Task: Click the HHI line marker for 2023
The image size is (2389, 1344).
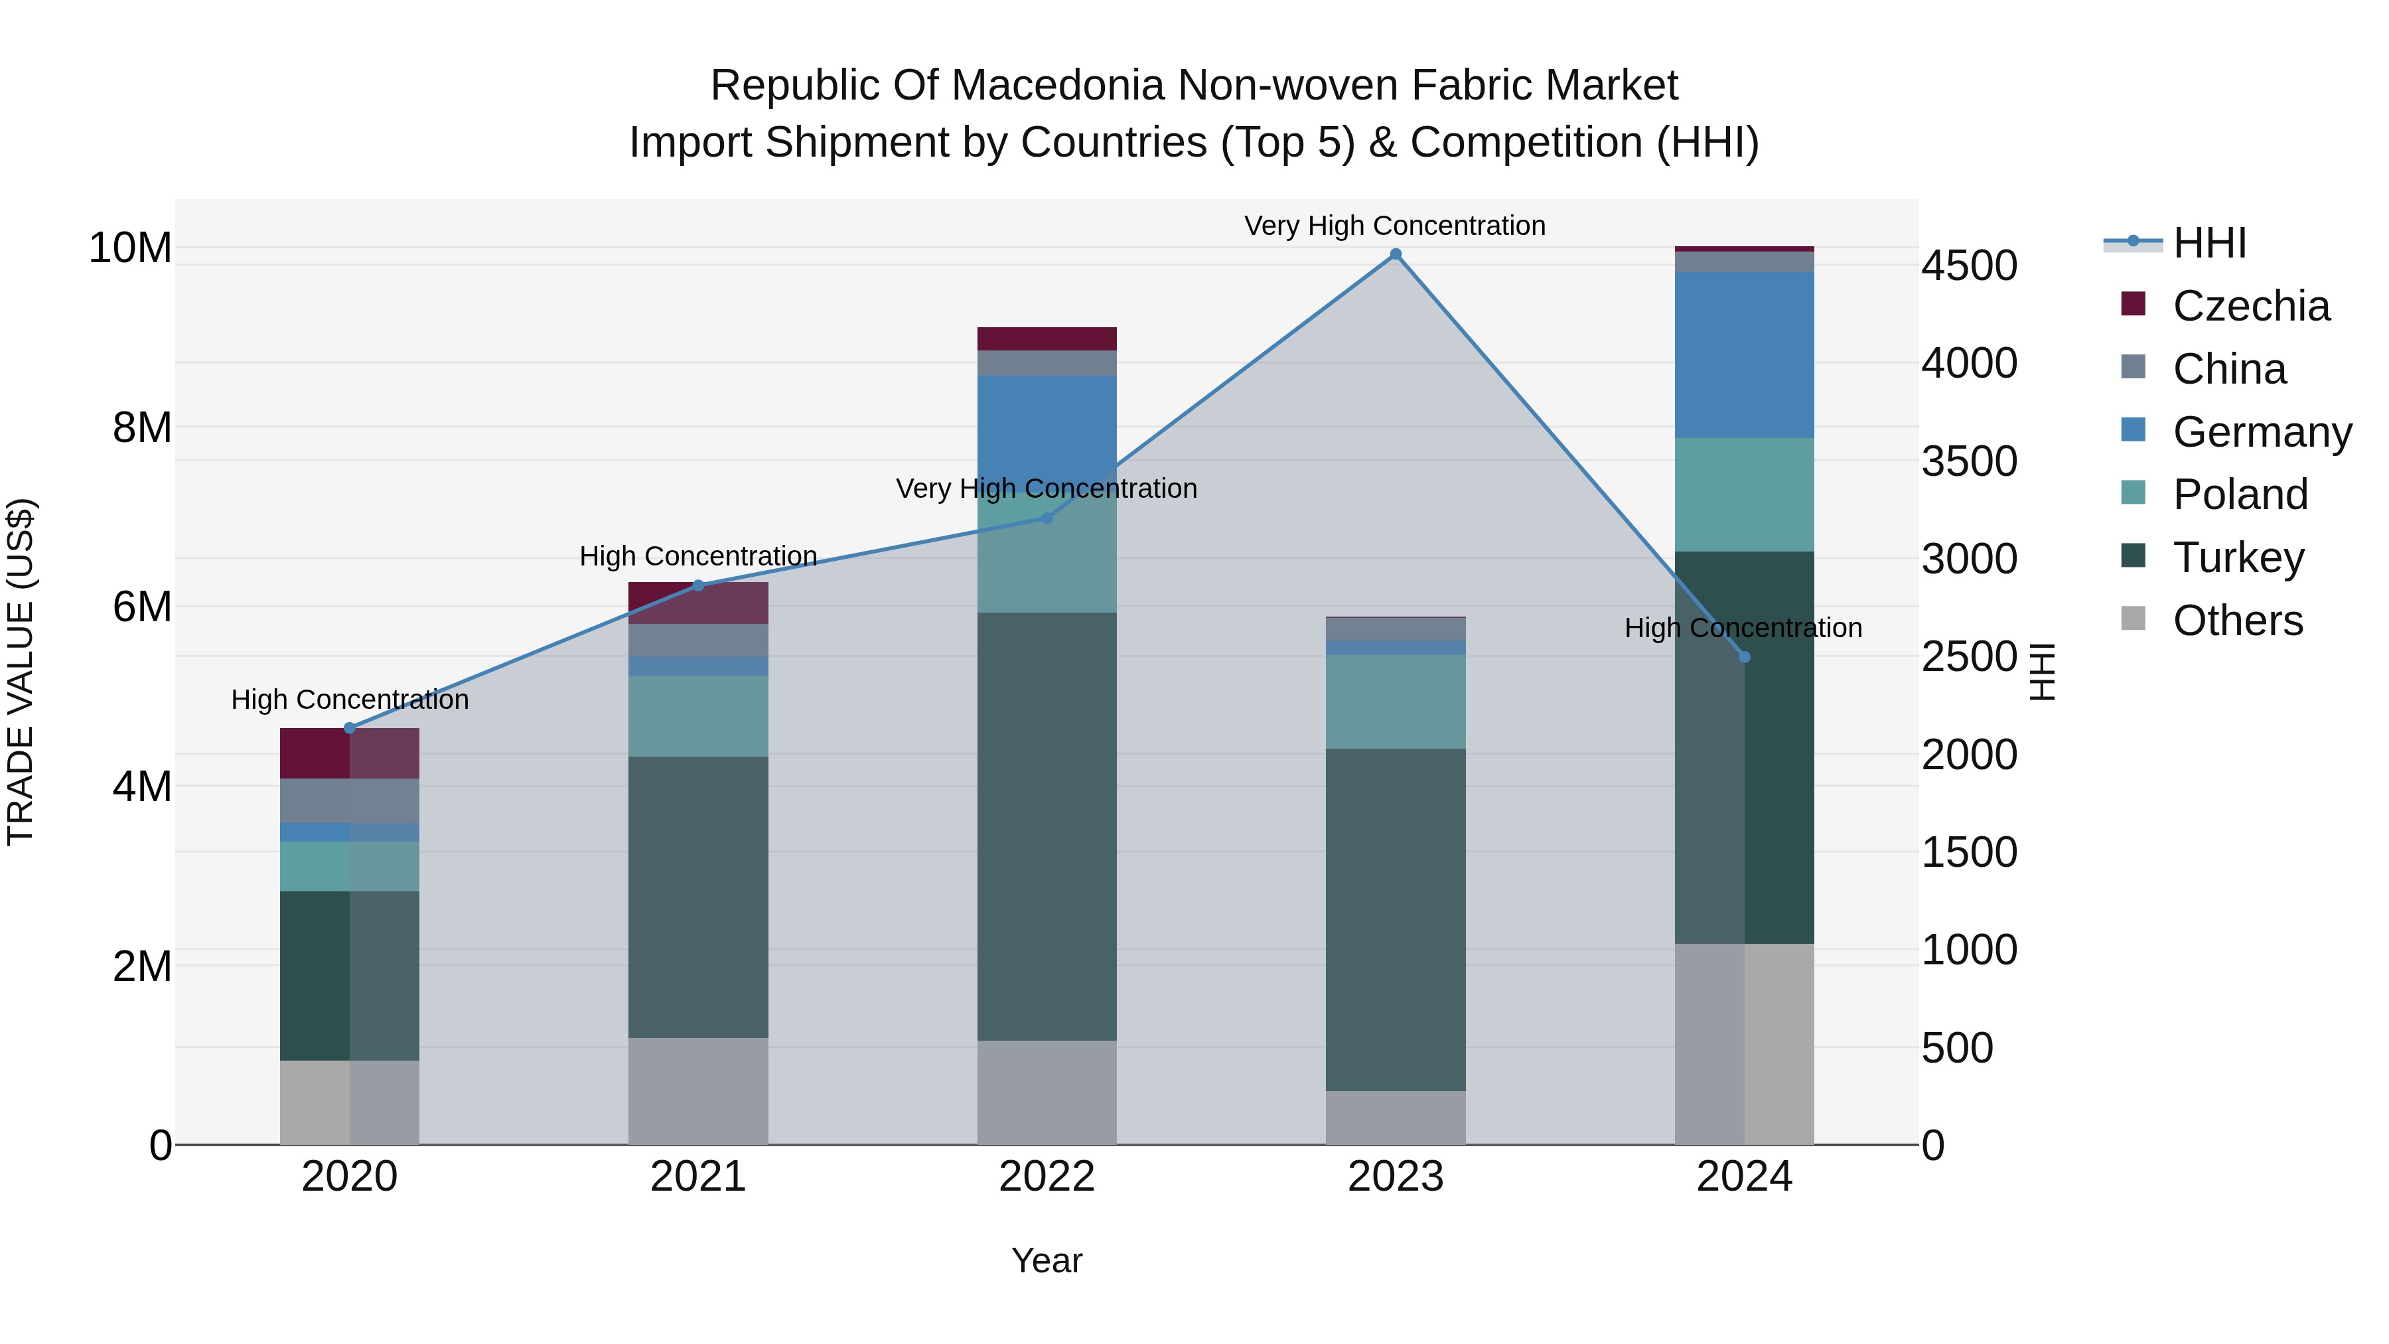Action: click(x=1396, y=254)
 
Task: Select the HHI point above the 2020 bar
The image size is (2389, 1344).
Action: click(x=350, y=728)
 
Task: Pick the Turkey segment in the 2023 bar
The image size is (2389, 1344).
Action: click(x=1396, y=919)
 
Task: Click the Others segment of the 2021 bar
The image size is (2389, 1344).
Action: click(x=698, y=1090)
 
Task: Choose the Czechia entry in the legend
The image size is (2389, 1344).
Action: click(x=2251, y=306)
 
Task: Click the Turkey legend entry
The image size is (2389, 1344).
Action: click(x=2238, y=558)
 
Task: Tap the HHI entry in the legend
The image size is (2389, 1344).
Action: click(x=2209, y=243)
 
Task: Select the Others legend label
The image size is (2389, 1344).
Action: click(x=2237, y=621)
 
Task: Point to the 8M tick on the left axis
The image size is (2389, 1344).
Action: click(x=142, y=427)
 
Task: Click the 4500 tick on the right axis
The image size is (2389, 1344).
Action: click(x=1969, y=265)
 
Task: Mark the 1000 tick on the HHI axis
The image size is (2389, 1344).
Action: click(x=1969, y=950)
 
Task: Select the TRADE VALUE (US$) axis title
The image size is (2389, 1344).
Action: click(x=21, y=672)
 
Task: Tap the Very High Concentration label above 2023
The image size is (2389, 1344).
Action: click(x=1395, y=226)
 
